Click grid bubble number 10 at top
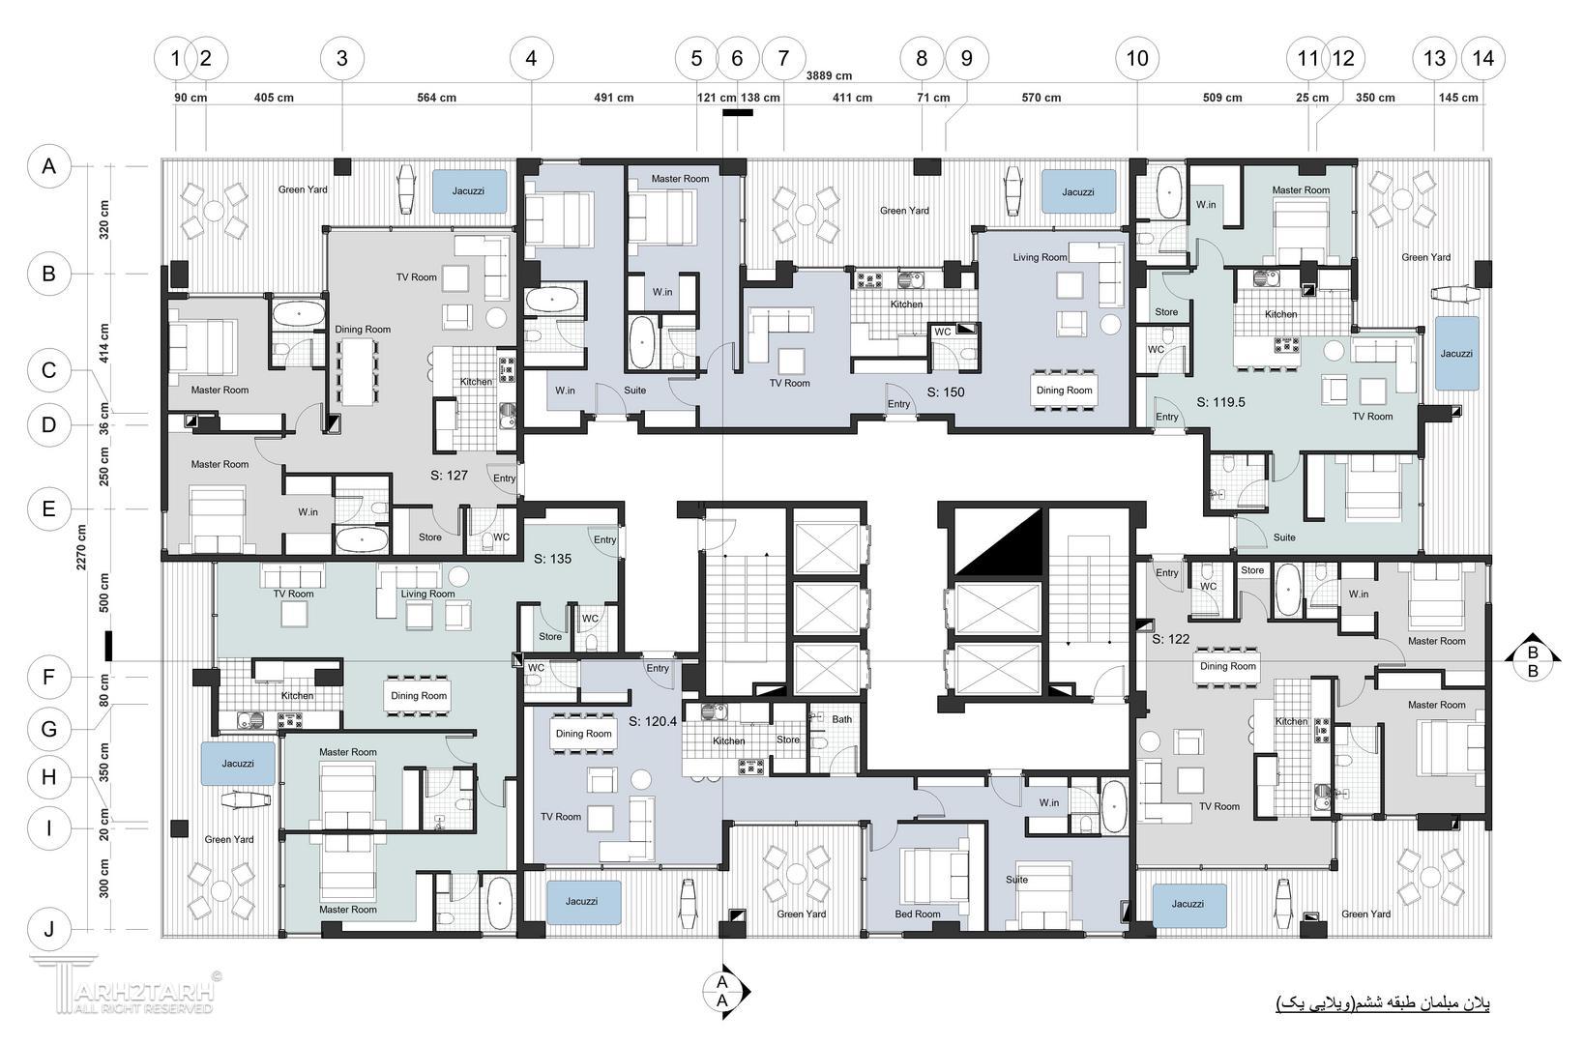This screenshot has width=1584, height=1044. [1137, 58]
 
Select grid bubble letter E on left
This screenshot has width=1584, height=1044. [48, 508]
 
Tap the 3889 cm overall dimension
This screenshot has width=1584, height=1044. [829, 75]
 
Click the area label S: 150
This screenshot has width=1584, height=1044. [946, 392]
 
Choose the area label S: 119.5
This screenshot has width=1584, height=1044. [1220, 402]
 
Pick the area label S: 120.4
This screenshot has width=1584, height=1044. [652, 722]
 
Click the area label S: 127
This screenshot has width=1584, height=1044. [449, 475]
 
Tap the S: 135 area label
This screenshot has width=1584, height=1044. [552, 559]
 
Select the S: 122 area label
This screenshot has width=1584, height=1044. [1170, 639]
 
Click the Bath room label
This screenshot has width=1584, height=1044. [841, 719]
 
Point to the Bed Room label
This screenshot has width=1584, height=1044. [917, 913]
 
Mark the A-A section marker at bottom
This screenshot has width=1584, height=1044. [723, 992]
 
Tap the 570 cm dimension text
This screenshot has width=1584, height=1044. [1041, 98]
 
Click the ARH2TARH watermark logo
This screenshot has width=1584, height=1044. [124, 985]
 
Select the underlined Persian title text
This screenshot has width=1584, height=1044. [1383, 1003]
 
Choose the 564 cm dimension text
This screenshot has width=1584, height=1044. [436, 98]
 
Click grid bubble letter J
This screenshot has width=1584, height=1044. [48, 930]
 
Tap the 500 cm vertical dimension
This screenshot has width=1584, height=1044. [104, 593]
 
